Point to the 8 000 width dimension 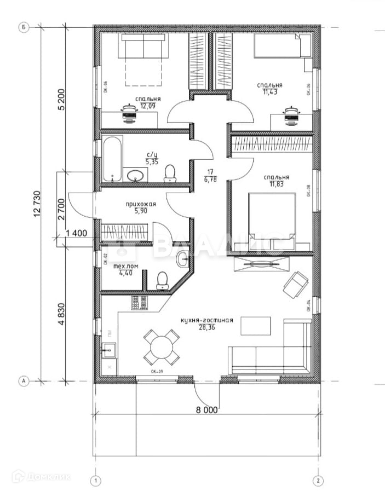tap(206, 408)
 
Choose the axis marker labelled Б tap(24, 26)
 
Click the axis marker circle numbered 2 tap(318, 481)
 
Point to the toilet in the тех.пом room tap(162, 280)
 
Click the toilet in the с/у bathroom tap(170, 173)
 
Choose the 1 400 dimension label tap(76, 234)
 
